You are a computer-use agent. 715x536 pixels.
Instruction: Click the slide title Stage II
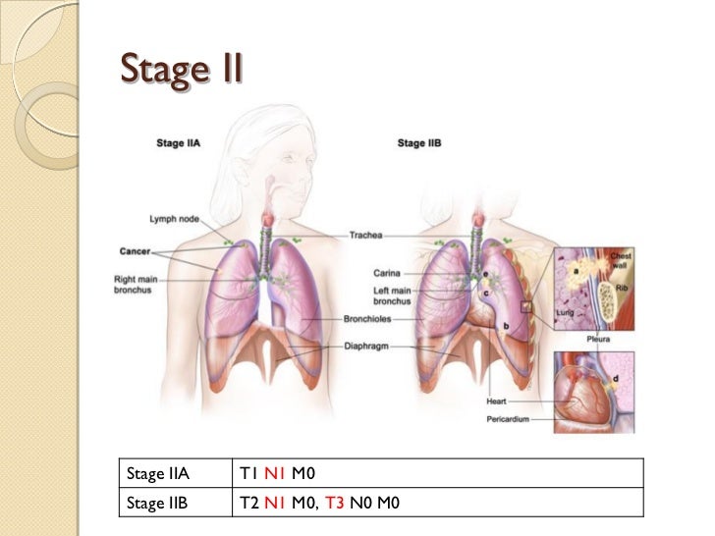pos(180,70)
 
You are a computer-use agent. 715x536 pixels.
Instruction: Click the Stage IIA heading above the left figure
pos(181,143)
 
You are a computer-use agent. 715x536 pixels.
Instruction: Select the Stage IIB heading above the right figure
pos(419,143)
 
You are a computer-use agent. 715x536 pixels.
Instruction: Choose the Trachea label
pos(367,236)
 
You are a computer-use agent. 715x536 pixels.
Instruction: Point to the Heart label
pos(497,402)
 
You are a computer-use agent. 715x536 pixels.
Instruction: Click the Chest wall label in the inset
pos(624,260)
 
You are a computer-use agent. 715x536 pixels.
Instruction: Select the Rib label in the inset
pos(623,289)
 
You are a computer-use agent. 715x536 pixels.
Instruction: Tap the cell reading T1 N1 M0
pos(276,475)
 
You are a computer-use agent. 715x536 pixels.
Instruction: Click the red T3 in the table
pos(335,504)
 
